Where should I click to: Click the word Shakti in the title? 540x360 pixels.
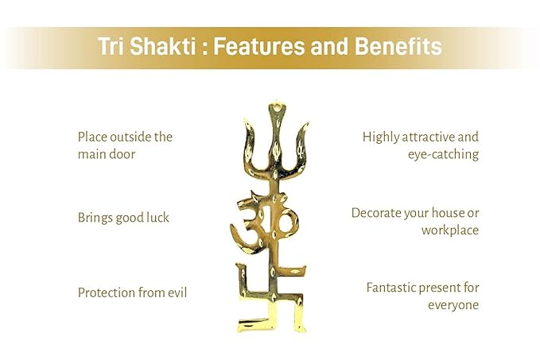pyautogui.click(x=163, y=46)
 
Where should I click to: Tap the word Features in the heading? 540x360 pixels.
pyautogui.click(x=259, y=46)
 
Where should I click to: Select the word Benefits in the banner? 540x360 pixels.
pyautogui.click(x=398, y=46)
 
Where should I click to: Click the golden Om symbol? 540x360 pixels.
pyautogui.click(x=265, y=224)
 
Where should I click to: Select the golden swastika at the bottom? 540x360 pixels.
pyautogui.click(x=271, y=299)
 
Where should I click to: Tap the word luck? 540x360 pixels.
pyautogui.click(x=157, y=218)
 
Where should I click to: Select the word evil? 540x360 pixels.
pyautogui.click(x=177, y=293)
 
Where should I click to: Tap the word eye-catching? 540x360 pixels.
pyautogui.click(x=444, y=155)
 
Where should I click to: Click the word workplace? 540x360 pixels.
pyautogui.click(x=450, y=230)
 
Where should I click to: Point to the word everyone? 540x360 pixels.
pyautogui.click(x=453, y=305)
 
